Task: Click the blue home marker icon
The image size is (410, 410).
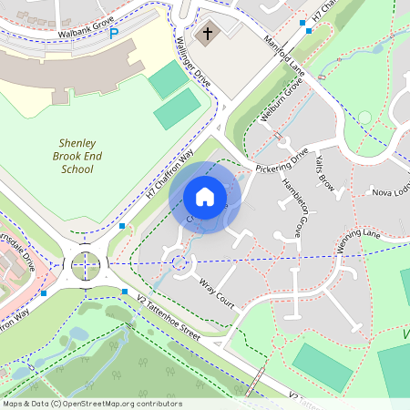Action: tap(205, 197)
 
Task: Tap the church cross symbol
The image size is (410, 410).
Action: tap(208, 35)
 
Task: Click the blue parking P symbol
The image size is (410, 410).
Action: tap(114, 34)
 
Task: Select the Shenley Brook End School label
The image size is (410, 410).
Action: tap(77, 156)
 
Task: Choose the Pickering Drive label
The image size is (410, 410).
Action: tap(282, 163)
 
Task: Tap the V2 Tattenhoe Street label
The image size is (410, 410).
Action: tap(169, 316)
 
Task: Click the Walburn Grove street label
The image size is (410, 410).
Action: tap(281, 108)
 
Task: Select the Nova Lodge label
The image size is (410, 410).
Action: tap(388, 192)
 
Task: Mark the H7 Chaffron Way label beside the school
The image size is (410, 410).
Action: tap(170, 175)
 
